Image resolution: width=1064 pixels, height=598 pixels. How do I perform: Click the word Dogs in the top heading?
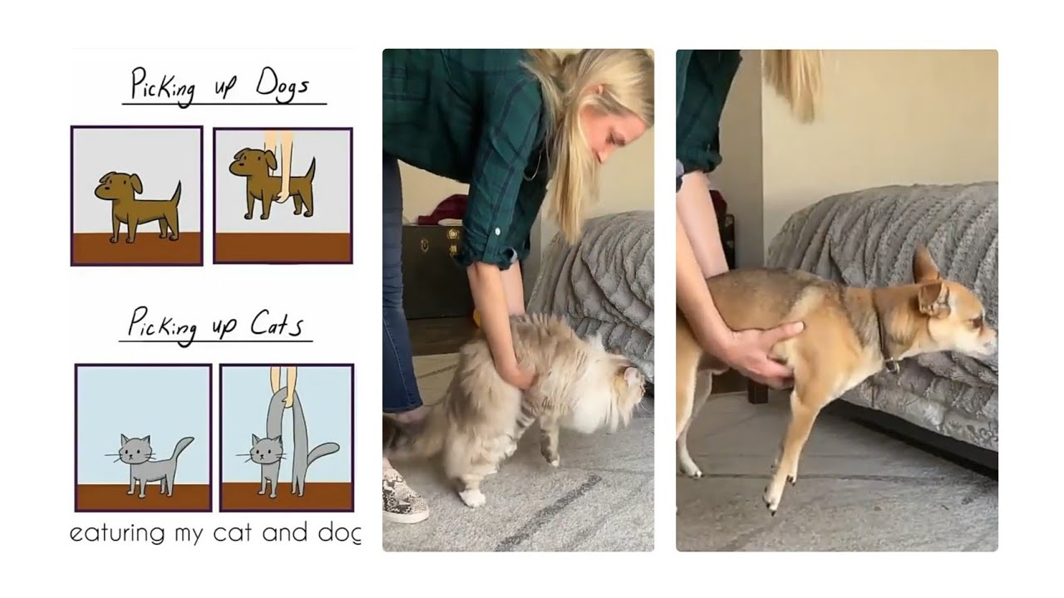click(283, 86)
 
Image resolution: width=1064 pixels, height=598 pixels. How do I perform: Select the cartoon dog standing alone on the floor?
click(138, 207)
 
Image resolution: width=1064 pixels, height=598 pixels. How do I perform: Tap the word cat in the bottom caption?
click(232, 532)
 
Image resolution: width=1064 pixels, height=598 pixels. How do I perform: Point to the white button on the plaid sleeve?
click(497, 232)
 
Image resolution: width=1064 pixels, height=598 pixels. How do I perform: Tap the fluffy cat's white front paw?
click(473, 498)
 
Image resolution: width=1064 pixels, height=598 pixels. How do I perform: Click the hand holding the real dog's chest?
click(764, 354)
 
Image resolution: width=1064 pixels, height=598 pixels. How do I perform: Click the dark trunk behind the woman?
click(435, 271)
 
